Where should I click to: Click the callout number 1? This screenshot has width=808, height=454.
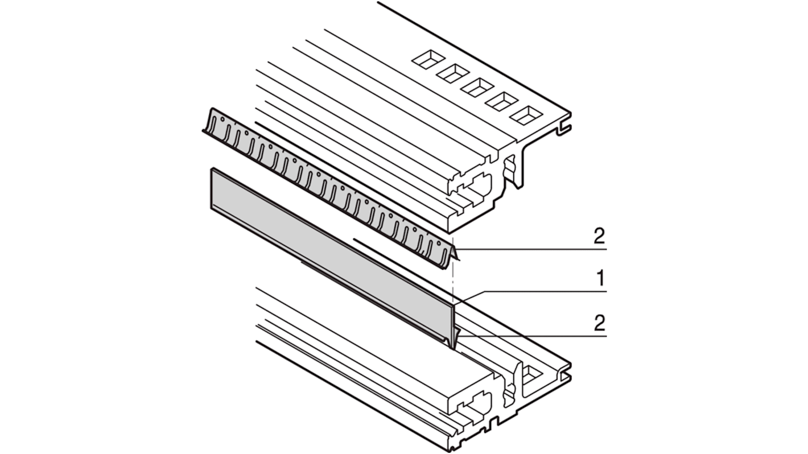[x=599, y=279]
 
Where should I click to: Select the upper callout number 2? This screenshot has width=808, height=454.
[x=599, y=236]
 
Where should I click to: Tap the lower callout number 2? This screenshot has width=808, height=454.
[x=599, y=324]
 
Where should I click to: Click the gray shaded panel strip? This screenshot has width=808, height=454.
[x=330, y=240]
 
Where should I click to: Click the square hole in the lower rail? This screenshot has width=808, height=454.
[x=531, y=374]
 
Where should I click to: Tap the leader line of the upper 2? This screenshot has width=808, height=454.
[x=535, y=249]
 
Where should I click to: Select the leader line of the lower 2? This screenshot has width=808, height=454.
[x=535, y=336]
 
